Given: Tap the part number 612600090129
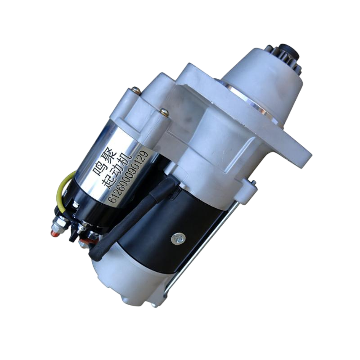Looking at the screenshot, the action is (x=129, y=176).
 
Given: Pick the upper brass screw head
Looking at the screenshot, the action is (x=136, y=90).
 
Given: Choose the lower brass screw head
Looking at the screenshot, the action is (x=164, y=112).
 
